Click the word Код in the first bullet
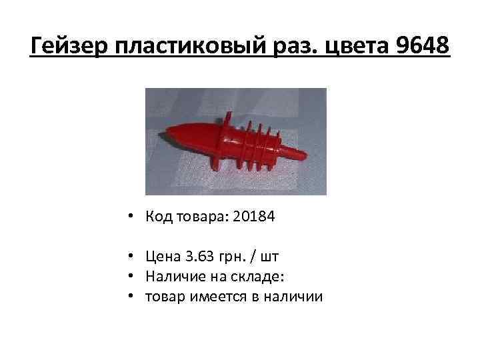[156, 218]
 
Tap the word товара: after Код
[199, 218]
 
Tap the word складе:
[246, 275]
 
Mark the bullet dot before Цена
[134, 257]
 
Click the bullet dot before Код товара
[134, 219]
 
